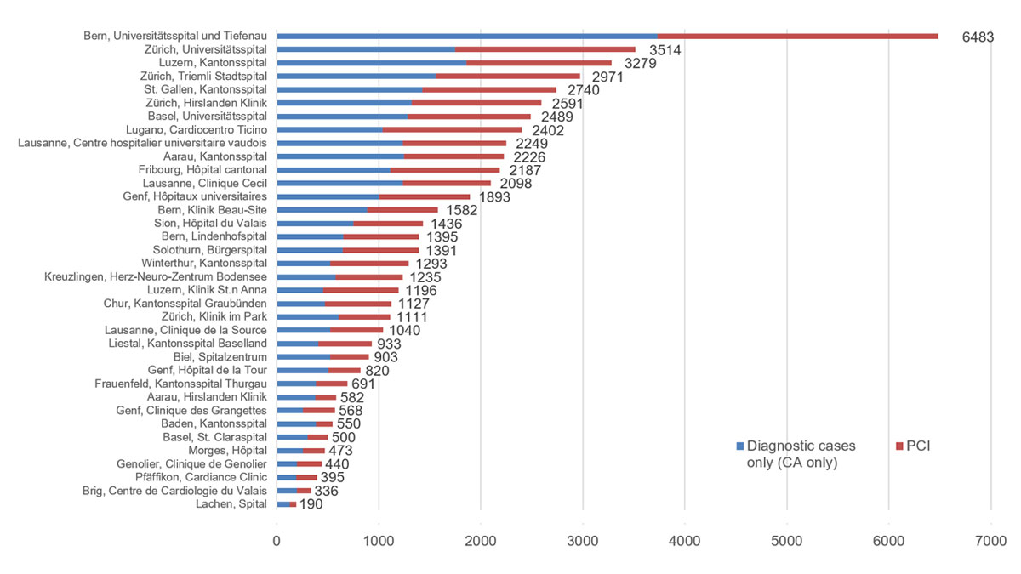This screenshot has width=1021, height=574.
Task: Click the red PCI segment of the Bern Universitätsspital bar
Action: coord(797,36)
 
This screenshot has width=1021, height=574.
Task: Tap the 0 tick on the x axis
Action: coord(277,541)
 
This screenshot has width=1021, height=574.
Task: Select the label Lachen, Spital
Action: coord(232,503)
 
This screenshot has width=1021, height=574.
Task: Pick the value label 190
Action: coord(311,504)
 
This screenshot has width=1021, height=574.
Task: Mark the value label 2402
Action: coord(550,131)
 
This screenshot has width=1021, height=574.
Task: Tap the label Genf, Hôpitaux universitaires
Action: coord(195,196)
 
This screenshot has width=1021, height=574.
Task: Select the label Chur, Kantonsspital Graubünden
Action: coord(185,303)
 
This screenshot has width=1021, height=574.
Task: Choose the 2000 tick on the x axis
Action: coord(481,541)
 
